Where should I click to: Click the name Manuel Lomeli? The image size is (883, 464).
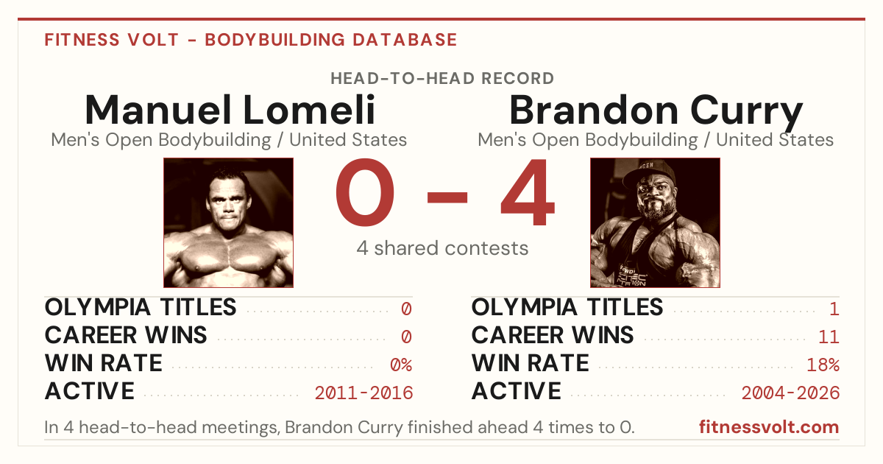(x=230, y=110)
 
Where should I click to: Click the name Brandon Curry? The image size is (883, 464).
(x=656, y=112)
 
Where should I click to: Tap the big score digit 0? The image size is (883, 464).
(x=365, y=192)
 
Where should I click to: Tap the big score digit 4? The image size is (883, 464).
(x=528, y=192)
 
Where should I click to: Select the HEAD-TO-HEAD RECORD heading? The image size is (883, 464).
(x=442, y=79)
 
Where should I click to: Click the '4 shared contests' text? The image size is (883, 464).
(x=442, y=249)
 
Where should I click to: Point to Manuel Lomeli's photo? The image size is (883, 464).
(x=229, y=223)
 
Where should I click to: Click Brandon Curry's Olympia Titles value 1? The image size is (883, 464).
(x=834, y=309)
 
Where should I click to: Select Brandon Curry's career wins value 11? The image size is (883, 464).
(x=829, y=337)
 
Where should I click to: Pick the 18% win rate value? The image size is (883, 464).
(x=823, y=365)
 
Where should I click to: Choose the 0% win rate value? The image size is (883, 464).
(x=401, y=365)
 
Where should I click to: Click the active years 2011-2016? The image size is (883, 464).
(x=364, y=393)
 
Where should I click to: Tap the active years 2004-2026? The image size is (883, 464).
(x=790, y=393)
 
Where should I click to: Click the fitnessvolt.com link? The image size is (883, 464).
(x=769, y=427)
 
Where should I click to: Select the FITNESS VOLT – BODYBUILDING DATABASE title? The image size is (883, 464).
(x=251, y=40)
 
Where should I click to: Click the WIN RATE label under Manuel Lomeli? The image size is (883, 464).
(x=103, y=363)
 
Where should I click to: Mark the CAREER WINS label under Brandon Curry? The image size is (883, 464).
(x=553, y=335)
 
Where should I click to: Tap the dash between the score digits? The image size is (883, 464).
(x=447, y=197)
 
